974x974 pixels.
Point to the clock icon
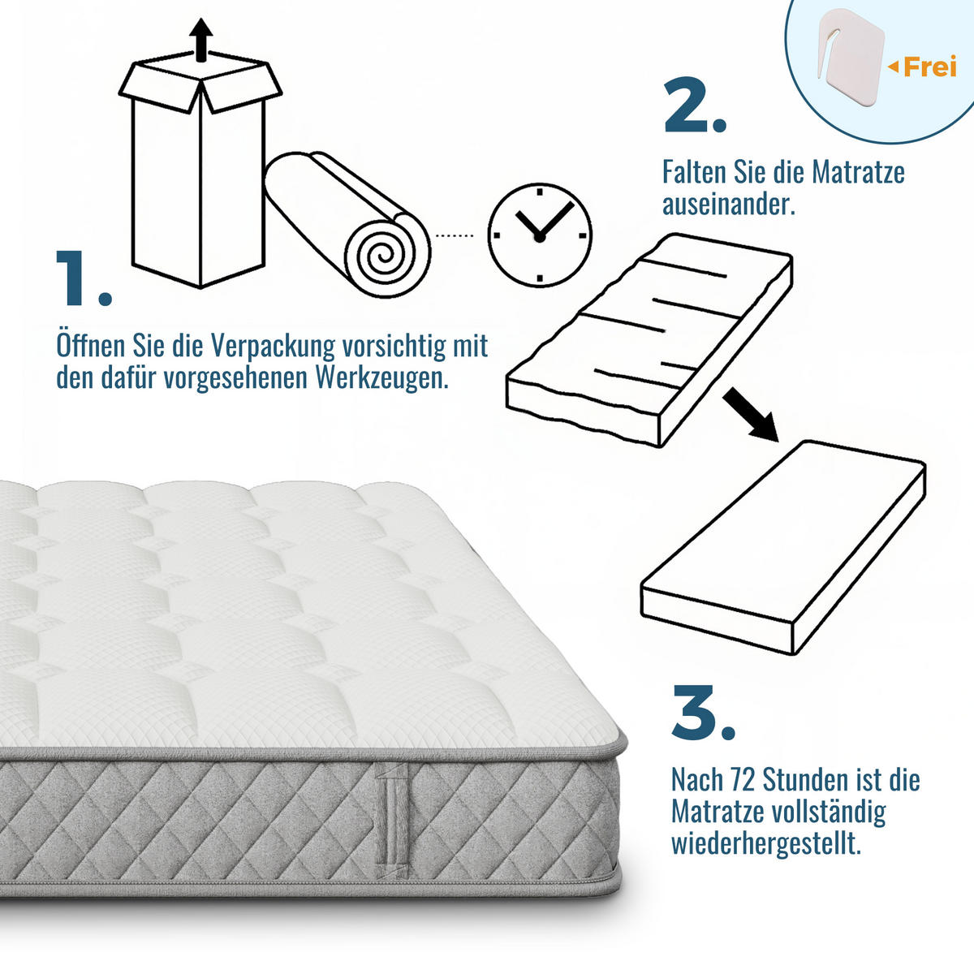point(539,235)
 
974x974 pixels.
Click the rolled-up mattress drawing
point(349,223)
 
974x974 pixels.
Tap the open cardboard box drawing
point(199,175)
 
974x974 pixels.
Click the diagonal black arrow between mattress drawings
point(750,415)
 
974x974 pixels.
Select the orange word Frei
point(929,67)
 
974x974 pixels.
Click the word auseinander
point(728,204)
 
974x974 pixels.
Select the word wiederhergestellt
point(765,843)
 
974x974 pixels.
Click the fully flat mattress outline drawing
point(783,548)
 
